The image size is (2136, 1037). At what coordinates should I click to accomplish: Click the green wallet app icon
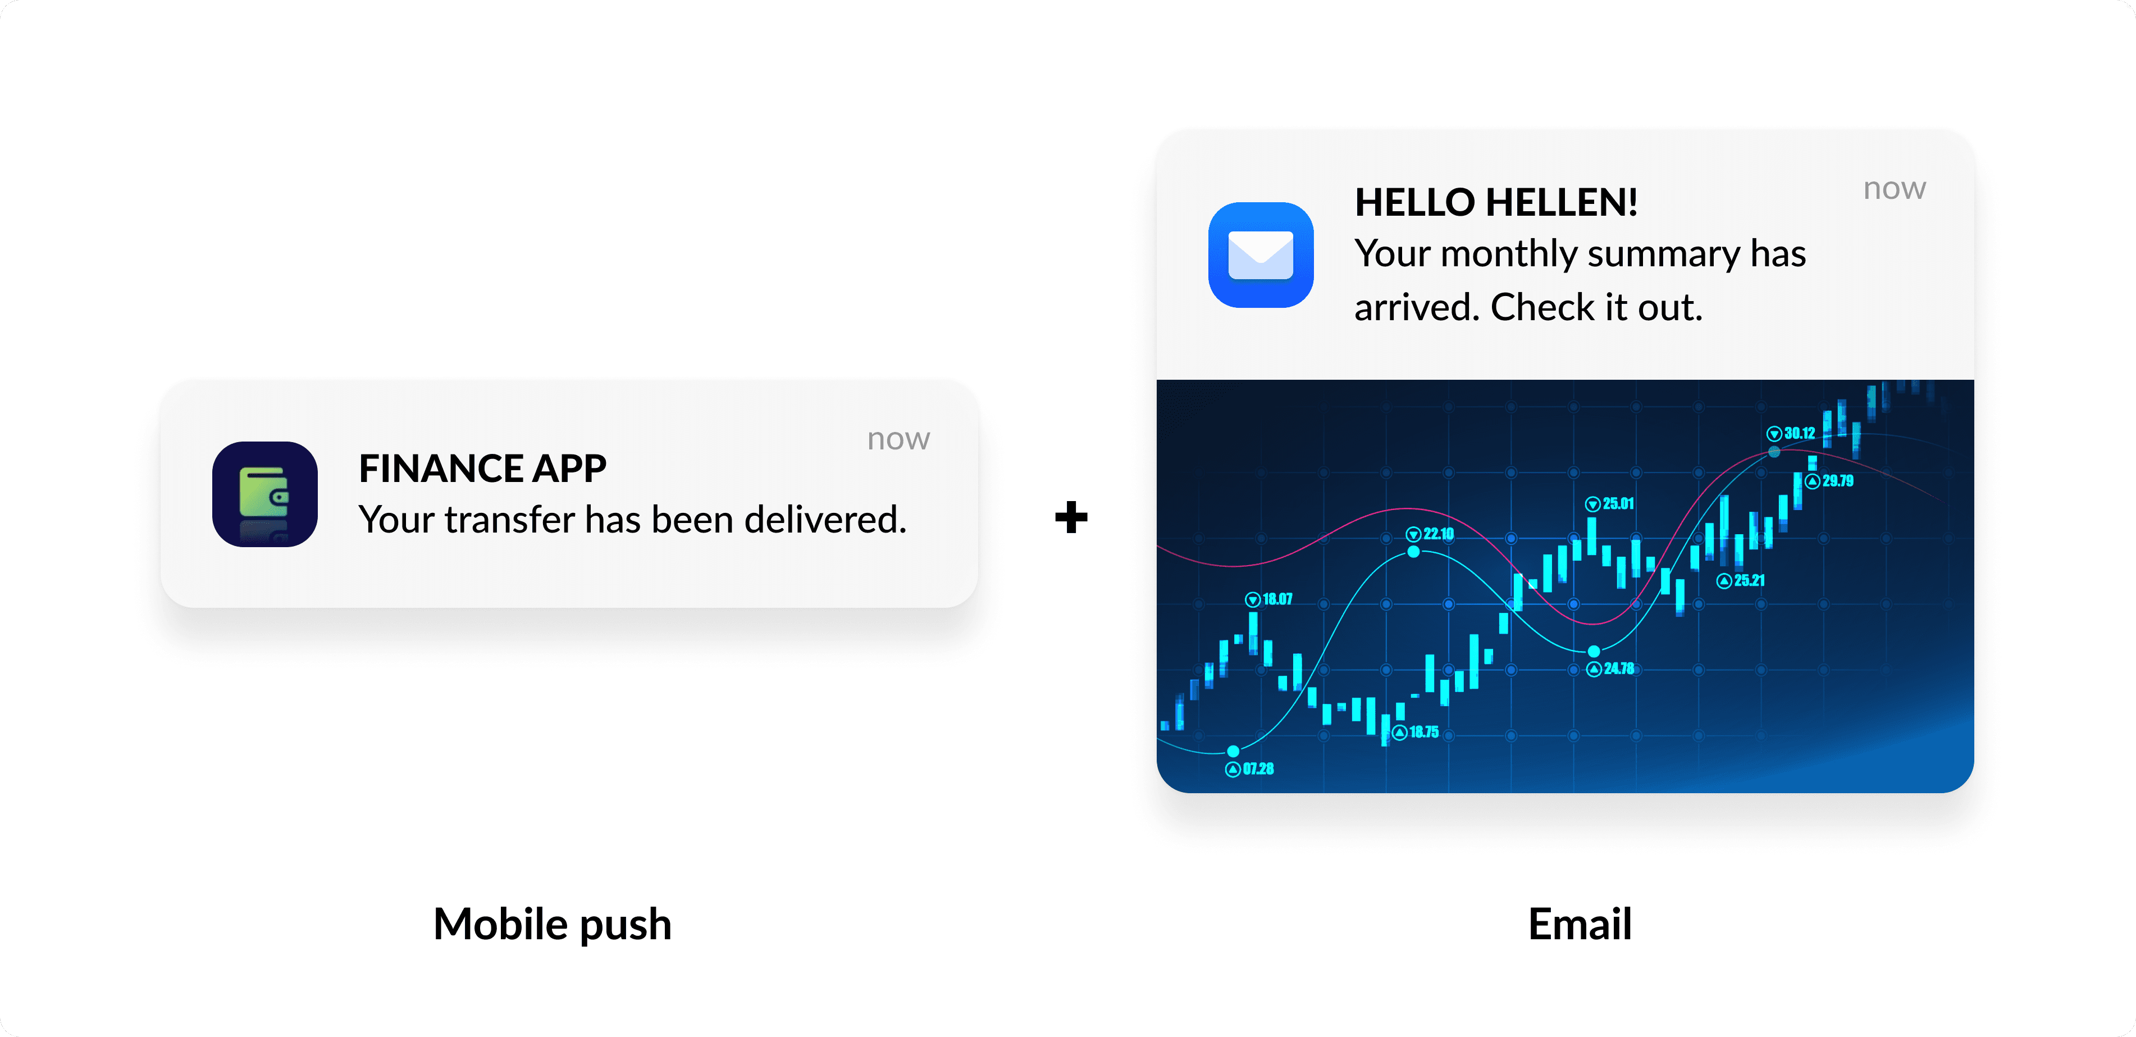click(264, 494)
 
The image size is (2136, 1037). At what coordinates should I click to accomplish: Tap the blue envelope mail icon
click(1261, 254)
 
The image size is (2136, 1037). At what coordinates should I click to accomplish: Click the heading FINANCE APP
click(482, 469)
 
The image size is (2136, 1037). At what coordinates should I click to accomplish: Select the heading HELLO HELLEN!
click(1496, 202)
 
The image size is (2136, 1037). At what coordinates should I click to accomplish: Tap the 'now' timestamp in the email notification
click(1894, 189)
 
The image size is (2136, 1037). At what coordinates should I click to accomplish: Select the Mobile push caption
click(552, 924)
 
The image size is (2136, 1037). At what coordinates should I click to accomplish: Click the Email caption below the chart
click(1580, 924)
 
